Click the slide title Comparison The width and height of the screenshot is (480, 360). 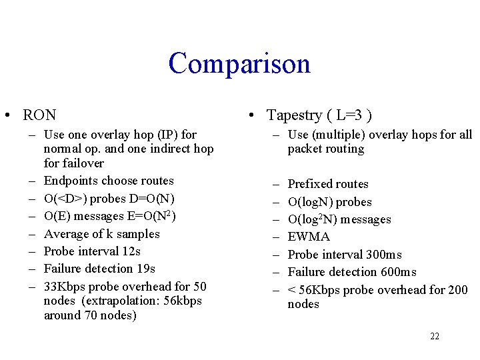239,64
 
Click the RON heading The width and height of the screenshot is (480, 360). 39,115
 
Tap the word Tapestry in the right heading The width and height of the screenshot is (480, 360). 294,115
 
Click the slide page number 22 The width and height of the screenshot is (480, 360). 435,337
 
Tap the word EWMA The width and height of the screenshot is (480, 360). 309,237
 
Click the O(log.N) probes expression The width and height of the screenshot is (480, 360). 329,202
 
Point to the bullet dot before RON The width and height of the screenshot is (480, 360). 6,116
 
